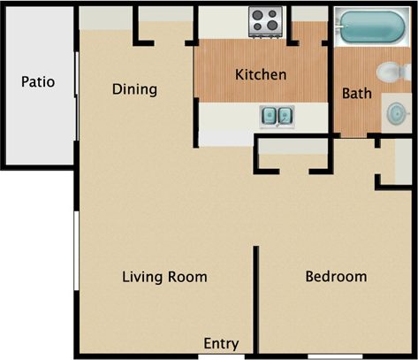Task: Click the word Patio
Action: pos(38,82)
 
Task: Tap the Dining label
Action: pos(134,89)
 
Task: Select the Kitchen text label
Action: pos(260,74)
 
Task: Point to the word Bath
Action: pos(356,92)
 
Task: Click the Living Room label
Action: pos(164,277)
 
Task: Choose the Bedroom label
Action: pos(335,277)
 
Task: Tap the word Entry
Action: pos(219,343)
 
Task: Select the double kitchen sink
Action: pos(277,115)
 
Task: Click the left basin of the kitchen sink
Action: pos(270,115)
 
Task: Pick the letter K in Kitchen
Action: pos(239,74)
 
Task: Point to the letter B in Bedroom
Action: pos(309,277)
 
